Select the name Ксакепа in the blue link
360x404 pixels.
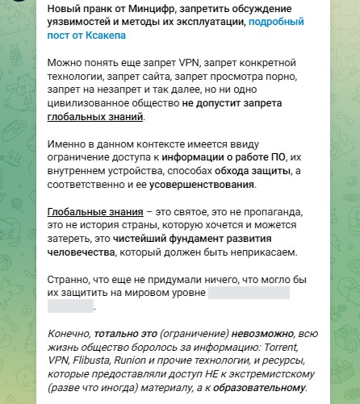click(102, 36)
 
